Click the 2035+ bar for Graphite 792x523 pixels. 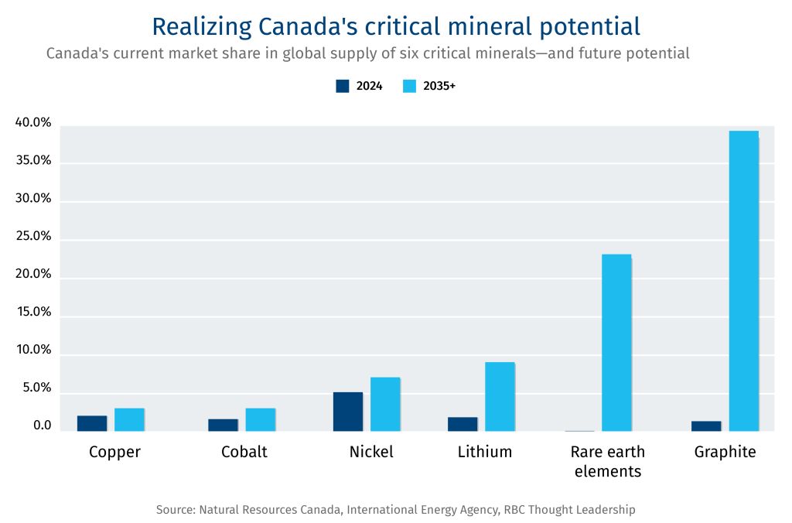(x=743, y=281)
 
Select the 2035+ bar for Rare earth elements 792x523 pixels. (x=616, y=342)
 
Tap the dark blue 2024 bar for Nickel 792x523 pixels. (x=348, y=412)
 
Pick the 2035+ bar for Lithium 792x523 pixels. (x=500, y=396)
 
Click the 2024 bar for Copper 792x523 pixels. (x=92, y=423)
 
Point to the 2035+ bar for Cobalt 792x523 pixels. (x=261, y=419)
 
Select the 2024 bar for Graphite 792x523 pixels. (x=706, y=426)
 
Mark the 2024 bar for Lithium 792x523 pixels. (x=463, y=424)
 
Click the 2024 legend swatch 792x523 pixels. (x=343, y=86)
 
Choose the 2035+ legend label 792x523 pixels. (x=439, y=86)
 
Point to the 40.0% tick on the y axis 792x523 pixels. (x=33, y=123)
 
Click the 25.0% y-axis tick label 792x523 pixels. (x=33, y=237)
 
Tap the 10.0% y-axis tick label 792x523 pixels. (x=33, y=350)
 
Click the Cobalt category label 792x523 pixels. (x=244, y=452)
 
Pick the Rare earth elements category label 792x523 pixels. (x=607, y=461)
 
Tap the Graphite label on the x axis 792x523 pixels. (x=725, y=452)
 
